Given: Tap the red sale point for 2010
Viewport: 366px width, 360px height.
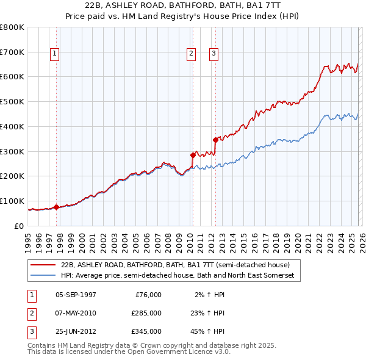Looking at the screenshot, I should pyautogui.click(x=193, y=155).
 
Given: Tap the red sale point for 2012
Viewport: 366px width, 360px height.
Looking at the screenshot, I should pyautogui.click(x=215, y=140).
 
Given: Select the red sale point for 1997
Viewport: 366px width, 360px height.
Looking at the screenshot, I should pyautogui.click(x=56, y=207).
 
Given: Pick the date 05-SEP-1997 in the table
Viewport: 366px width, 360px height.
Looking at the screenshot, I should pyautogui.click(x=76, y=295).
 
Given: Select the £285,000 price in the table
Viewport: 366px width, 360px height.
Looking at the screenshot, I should pyautogui.click(x=146, y=313).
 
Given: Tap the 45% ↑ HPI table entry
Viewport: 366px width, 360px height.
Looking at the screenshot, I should pyautogui.click(x=208, y=331).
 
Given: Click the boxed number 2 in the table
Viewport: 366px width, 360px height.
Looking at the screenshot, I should pyautogui.click(x=30, y=313).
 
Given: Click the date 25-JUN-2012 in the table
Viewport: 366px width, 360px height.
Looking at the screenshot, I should pyautogui.click(x=76, y=331).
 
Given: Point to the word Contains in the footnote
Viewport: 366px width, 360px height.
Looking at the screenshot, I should pyautogui.click(x=43, y=345).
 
